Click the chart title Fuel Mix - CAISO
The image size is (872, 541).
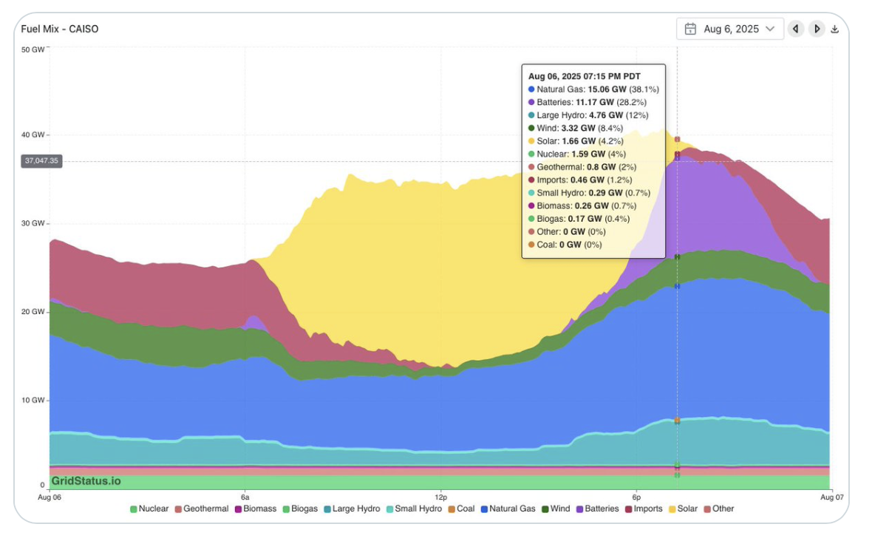point(60,29)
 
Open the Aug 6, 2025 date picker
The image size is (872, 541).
point(729,29)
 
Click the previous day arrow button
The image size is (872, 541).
point(795,29)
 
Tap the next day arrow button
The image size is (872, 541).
point(817,29)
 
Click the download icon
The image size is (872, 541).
point(835,29)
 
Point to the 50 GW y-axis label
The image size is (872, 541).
point(33,50)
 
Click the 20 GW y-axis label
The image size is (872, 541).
point(33,312)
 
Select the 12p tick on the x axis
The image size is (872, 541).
point(440,496)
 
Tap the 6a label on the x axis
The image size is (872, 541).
point(245,496)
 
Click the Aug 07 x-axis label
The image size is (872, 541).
point(832,496)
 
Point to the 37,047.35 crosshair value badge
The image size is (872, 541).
point(41,160)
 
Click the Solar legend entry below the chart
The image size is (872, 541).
point(683,508)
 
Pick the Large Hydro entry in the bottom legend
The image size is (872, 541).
point(351,508)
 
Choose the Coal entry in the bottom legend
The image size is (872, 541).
point(460,508)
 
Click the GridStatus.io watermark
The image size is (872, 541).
point(86,481)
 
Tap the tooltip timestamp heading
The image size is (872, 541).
point(584,76)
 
